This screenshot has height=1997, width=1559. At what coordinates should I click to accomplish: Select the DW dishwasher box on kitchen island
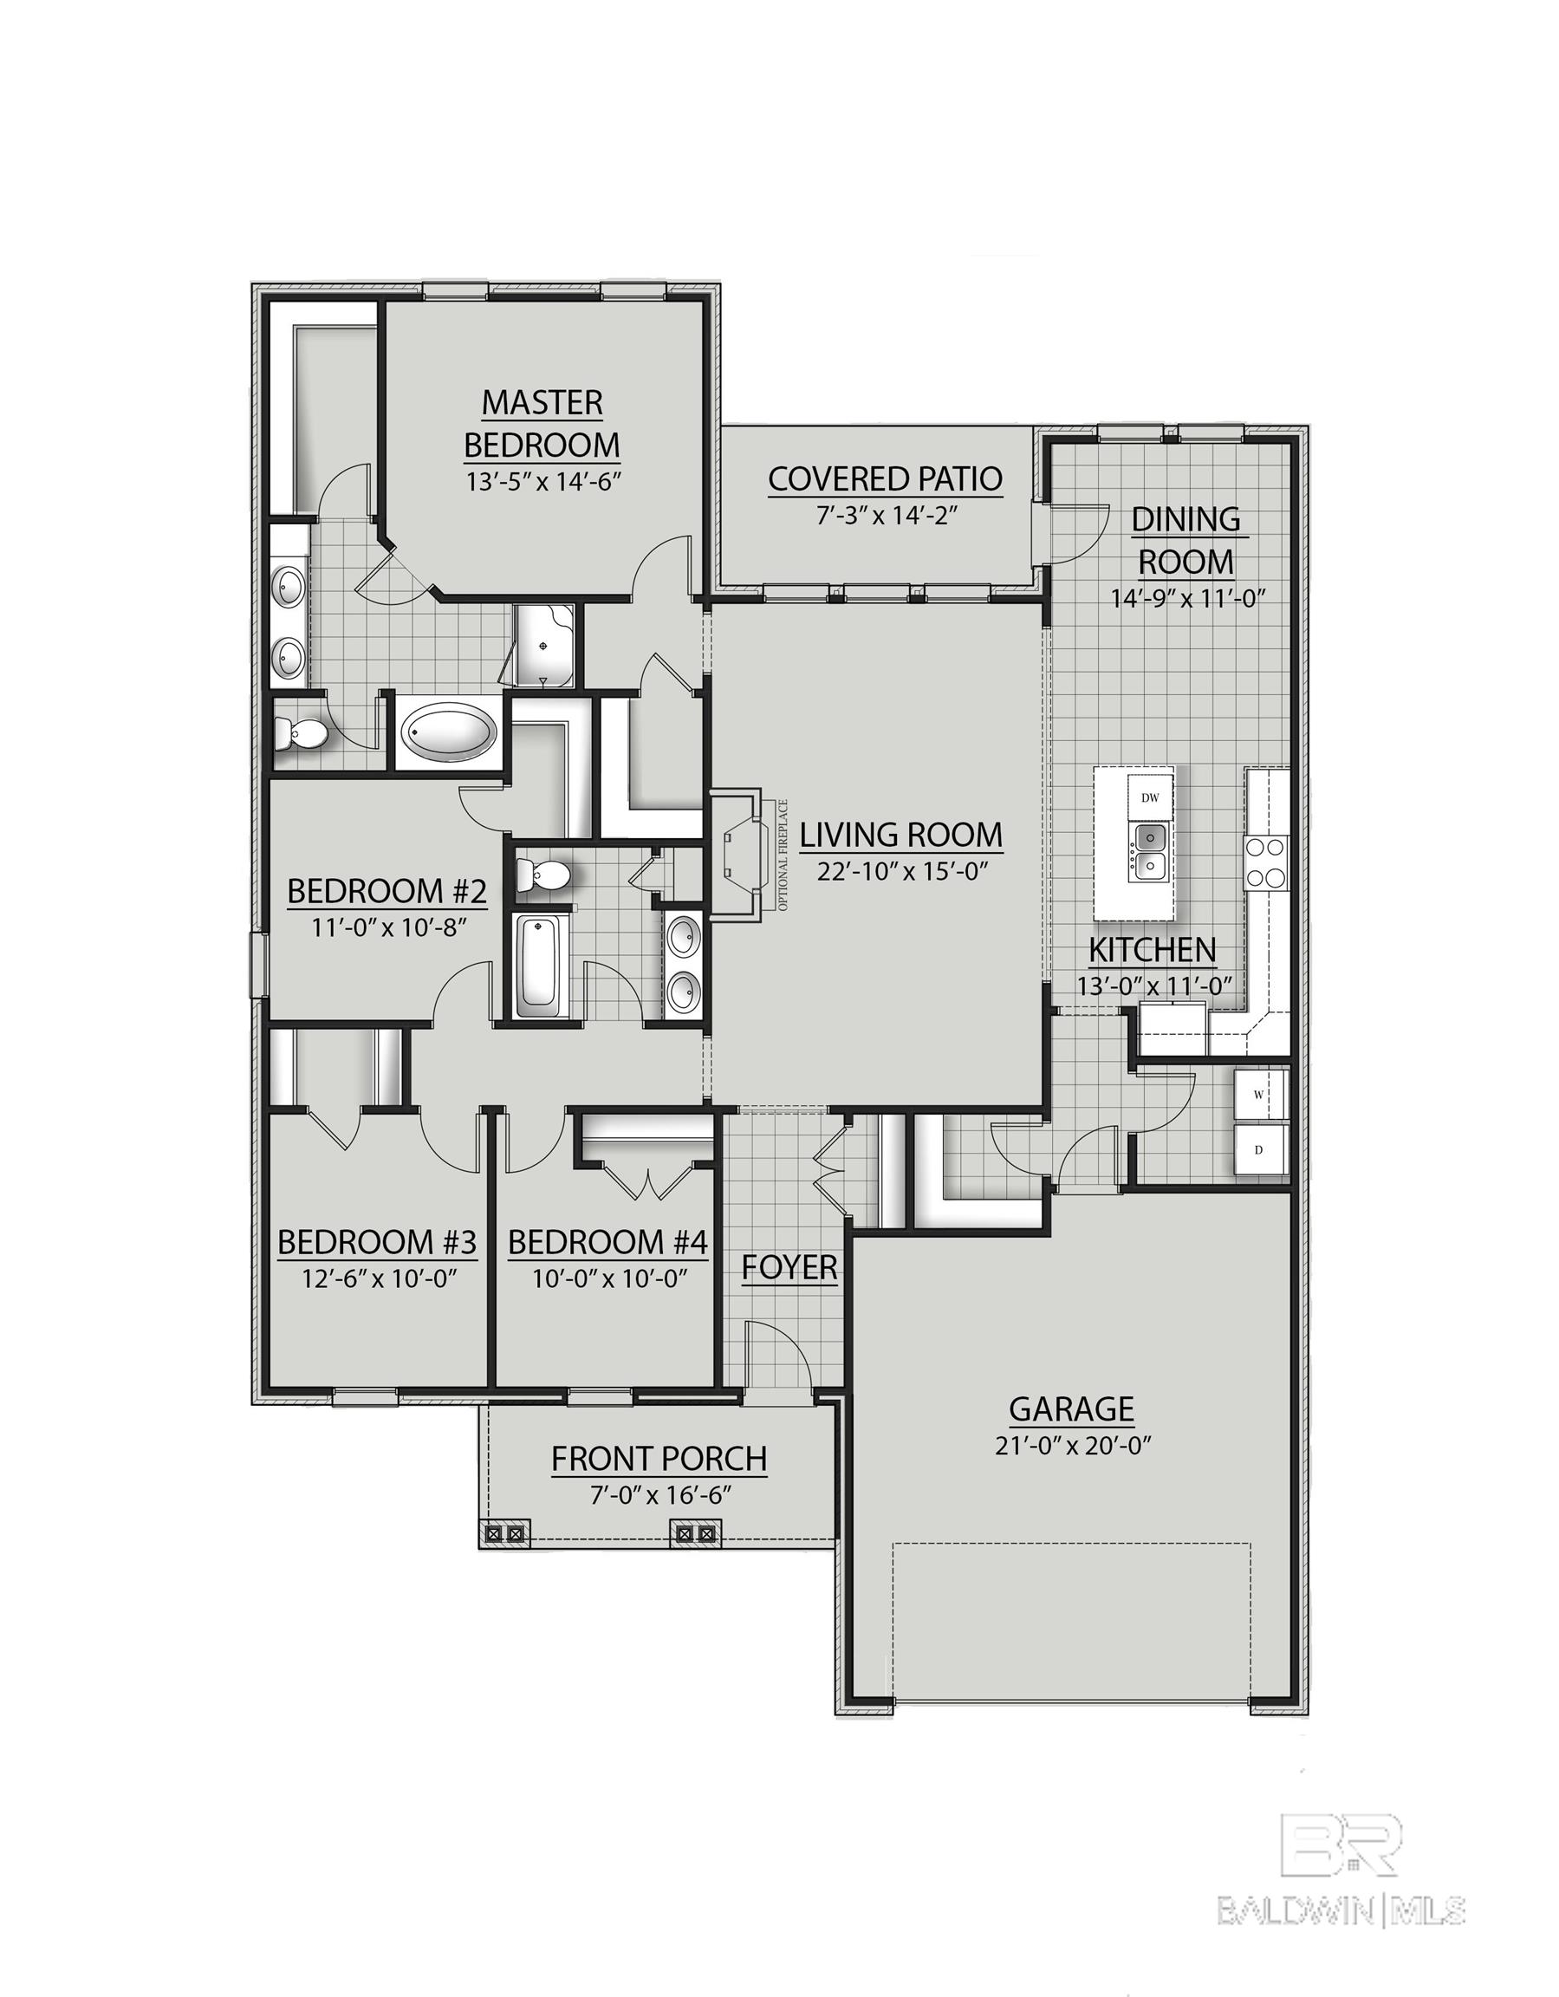[1150, 797]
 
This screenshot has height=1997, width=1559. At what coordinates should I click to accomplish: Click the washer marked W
[1260, 1095]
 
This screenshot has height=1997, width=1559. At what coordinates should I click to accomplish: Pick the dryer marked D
[1260, 1150]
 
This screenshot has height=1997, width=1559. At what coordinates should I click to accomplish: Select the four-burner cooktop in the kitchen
[1266, 862]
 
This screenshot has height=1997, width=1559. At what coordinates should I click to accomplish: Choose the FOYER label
[789, 1268]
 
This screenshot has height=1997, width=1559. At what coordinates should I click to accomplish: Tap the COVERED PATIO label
[884, 479]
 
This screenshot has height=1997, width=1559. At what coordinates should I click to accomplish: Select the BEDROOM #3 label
[377, 1243]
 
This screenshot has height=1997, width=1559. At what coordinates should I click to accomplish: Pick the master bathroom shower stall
[545, 647]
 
